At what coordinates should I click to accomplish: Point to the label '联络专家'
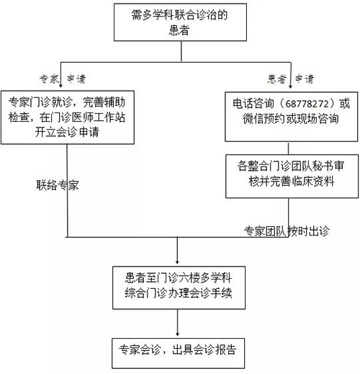(58, 184)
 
